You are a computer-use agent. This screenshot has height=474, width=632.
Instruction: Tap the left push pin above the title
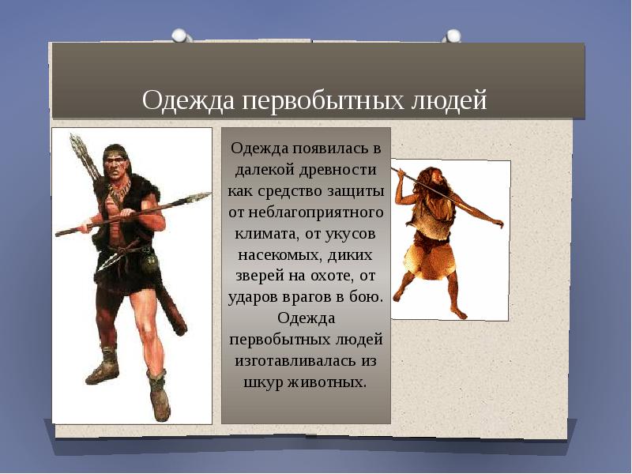tap(179, 35)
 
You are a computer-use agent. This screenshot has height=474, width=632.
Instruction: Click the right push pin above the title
tap(452, 36)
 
